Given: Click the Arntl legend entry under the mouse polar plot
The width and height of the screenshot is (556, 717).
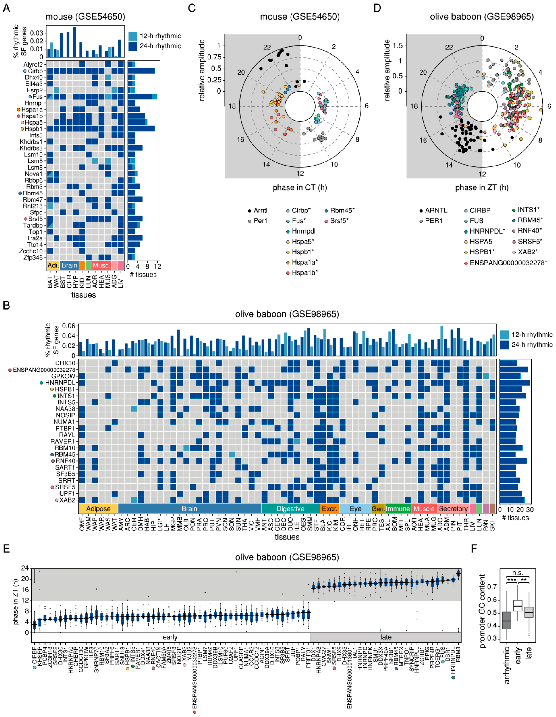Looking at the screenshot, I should [x=260, y=210].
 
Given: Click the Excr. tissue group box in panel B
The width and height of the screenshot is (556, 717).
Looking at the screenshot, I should [x=329, y=508].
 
